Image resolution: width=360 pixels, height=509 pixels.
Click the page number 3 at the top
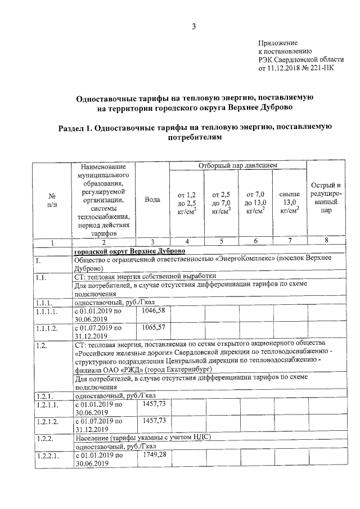pos(193,26)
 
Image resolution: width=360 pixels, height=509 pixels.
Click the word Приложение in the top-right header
pos(277,43)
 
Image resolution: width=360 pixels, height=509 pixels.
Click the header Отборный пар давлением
pos(237,166)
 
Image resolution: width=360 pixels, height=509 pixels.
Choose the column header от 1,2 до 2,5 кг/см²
pos(187,203)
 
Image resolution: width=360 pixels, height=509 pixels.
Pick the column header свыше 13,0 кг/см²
pos(289,203)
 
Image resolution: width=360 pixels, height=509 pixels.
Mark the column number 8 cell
pos(326,242)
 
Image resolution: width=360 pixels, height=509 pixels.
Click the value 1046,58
pos(154,310)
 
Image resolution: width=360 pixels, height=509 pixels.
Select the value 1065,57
pos(154,327)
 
